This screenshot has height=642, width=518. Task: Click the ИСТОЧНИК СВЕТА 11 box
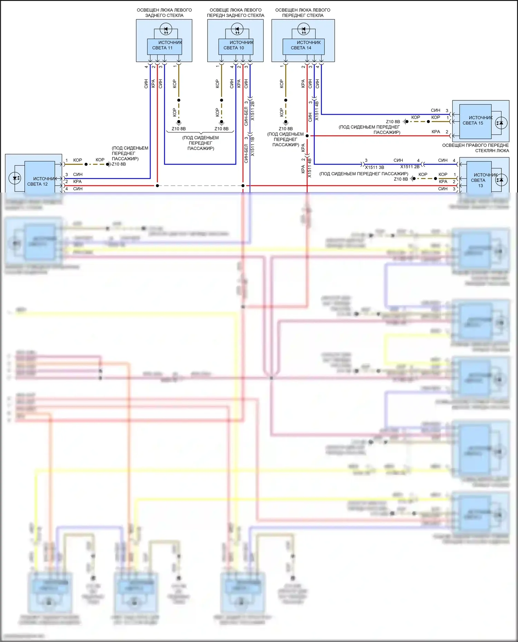click(x=164, y=46)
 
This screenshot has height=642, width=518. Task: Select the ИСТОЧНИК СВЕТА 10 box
click(x=236, y=46)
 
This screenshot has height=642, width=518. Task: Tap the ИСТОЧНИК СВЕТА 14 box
click(x=303, y=46)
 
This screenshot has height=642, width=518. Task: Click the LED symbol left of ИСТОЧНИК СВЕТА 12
click(x=15, y=178)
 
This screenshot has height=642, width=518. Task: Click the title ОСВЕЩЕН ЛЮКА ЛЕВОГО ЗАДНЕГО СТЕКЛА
click(x=164, y=13)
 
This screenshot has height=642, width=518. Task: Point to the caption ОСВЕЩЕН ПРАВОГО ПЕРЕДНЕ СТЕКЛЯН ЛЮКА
click(x=476, y=148)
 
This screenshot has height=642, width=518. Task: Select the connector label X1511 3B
click(x=374, y=167)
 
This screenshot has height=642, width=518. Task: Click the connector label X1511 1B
click(x=252, y=146)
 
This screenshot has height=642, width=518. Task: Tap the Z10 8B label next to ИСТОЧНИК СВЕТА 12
click(x=119, y=164)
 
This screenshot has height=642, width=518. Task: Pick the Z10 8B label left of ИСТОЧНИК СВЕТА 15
click(x=393, y=122)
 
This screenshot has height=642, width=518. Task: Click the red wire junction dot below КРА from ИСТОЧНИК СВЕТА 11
click(x=157, y=186)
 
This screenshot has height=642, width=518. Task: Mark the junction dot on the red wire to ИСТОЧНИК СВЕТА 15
click(x=307, y=136)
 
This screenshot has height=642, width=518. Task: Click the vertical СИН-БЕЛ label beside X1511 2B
click(x=246, y=116)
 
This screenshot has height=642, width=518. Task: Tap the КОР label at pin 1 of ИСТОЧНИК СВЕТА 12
click(x=78, y=160)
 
